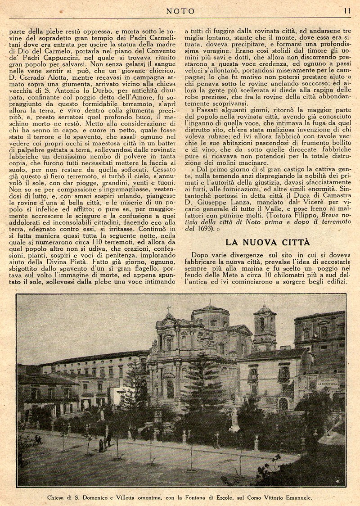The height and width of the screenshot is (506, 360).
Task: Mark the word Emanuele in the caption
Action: (297, 498)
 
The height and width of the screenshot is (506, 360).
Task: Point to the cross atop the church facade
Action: (169, 309)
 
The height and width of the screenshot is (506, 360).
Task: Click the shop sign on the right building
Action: (327, 384)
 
